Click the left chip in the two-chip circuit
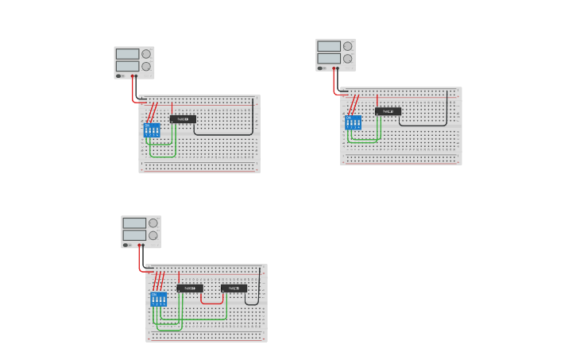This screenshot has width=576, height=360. (x=190, y=288)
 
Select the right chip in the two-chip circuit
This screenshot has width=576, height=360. (x=234, y=288)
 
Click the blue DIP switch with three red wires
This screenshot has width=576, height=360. (x=158, y=299)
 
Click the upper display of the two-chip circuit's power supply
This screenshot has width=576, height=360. (x=134, y=223)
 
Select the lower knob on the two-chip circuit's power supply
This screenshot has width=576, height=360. (x=153, y=235)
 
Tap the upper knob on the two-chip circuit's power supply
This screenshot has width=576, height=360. (x=153, y=223)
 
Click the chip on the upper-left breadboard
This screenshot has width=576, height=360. (x=183, y=119)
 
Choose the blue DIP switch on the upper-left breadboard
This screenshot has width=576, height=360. (x=151, y=130)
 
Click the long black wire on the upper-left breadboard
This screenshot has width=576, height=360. (x=225, y=134)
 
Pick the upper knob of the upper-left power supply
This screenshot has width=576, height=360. (x=146, y=54)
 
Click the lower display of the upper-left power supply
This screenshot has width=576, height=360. (x=127, y=66)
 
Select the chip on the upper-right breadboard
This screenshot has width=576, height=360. (x=388, y=111)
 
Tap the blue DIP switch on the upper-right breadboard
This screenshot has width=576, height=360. (x=353, y=122)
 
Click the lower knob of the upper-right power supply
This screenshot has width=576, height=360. (x=348, y=59)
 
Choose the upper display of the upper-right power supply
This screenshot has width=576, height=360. (x=329, y=46)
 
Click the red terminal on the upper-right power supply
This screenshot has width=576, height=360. (x=334, y=68)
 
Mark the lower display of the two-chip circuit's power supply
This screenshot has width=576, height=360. (x=134, y=235)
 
